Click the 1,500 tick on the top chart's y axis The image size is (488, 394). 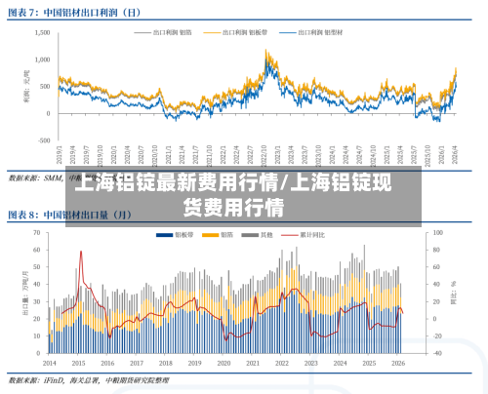point(41,32)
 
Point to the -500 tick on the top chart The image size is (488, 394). point(43,140)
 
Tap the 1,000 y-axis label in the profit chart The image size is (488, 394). point(41,59)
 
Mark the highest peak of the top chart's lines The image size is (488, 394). point(267,51)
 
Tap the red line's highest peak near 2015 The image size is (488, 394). point(80,252)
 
